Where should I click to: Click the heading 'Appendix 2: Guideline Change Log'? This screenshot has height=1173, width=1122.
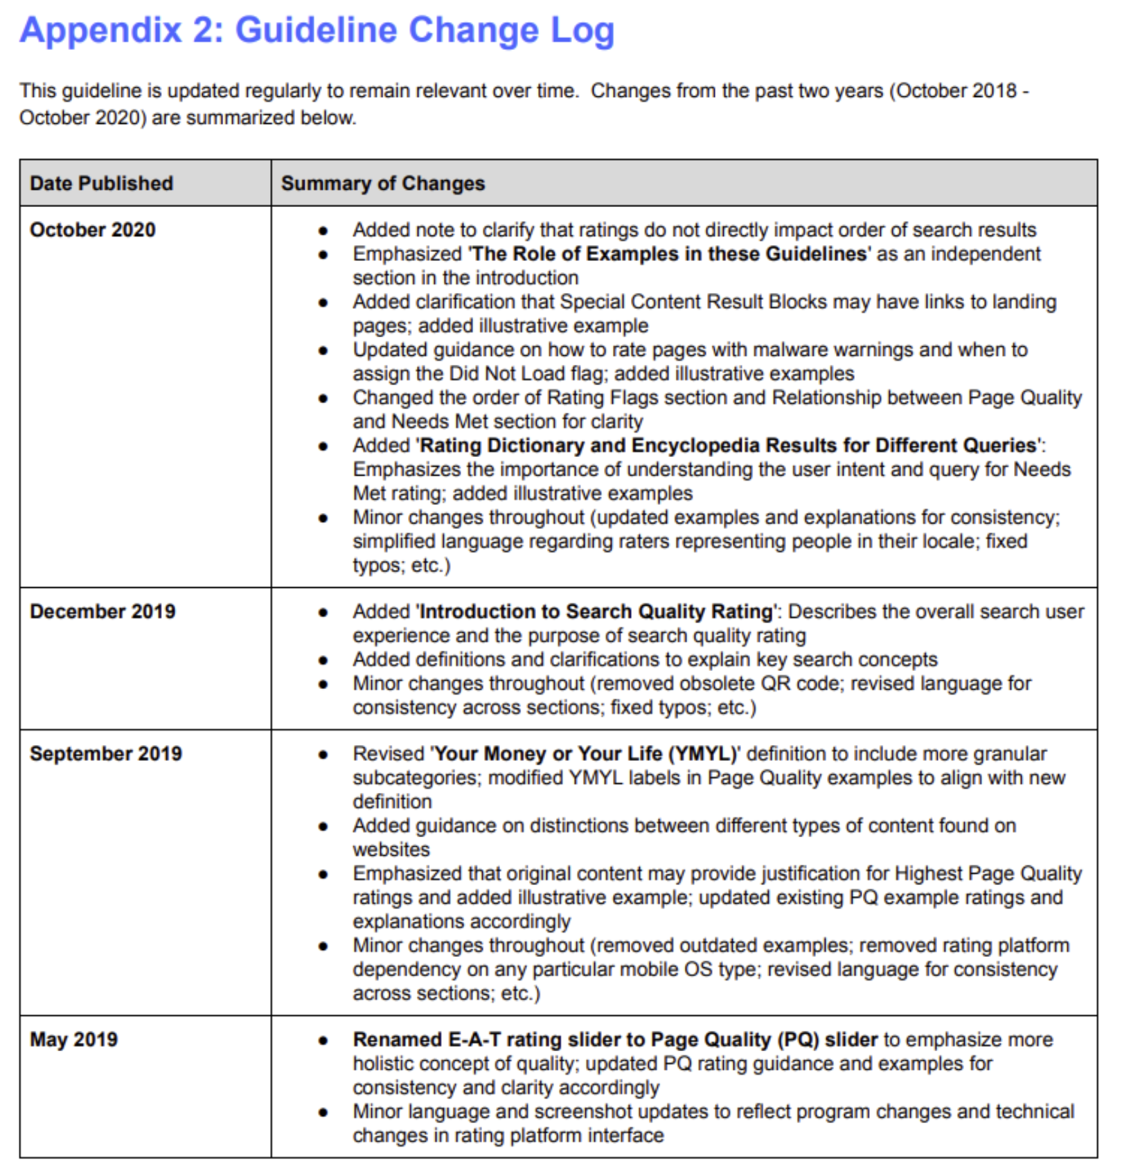[317, 30]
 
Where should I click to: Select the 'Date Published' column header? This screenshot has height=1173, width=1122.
[101, 183]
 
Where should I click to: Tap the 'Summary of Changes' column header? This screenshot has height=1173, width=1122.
[382, 183]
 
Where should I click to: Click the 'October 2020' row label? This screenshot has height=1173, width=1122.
[92, 230]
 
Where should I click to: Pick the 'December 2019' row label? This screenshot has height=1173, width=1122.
[103, 611]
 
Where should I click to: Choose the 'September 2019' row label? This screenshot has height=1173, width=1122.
[105, 753]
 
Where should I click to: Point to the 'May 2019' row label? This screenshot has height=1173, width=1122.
[73, 1039]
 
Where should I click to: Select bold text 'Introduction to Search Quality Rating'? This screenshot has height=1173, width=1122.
[596, 611]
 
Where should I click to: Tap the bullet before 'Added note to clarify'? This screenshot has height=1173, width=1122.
[323, 230]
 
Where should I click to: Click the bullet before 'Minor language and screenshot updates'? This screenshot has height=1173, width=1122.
[323, 1112]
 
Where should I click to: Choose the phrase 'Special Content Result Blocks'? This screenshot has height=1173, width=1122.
[693, 302]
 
